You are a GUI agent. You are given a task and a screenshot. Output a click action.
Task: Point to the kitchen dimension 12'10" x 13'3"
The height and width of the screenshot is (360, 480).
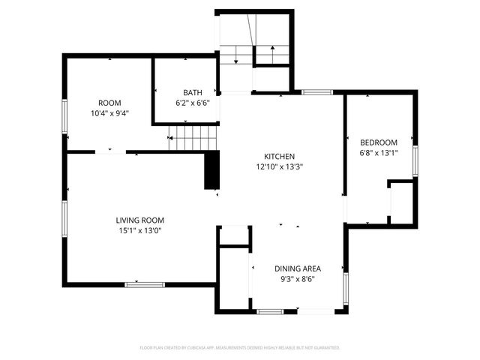point(279,168)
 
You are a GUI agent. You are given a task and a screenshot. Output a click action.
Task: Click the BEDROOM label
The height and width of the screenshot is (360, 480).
point(379,142)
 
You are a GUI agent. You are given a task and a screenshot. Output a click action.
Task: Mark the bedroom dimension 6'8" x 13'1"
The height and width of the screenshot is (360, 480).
point(379,154)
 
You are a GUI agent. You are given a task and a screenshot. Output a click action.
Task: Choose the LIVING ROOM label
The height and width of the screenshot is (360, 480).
point(139,220)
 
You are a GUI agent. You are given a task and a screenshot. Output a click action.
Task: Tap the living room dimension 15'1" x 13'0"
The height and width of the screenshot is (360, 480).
point(139,231)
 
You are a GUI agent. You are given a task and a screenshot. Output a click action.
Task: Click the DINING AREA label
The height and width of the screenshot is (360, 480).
point(298,268)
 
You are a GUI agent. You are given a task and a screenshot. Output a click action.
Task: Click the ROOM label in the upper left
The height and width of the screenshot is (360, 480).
point(109,103)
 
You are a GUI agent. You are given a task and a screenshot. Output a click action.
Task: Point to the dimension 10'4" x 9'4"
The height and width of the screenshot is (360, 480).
point(109,114)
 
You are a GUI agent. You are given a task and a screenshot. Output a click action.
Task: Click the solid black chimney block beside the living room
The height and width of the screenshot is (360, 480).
point(211,170)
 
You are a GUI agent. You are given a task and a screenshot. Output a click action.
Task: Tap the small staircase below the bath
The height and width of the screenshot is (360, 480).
point(193,137)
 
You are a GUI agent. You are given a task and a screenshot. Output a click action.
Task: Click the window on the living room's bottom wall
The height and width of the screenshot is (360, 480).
point(145,283)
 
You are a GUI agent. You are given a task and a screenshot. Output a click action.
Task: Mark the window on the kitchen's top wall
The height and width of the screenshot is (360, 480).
point(317,91)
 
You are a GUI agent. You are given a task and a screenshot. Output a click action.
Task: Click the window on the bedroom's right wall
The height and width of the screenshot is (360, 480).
point(415,160)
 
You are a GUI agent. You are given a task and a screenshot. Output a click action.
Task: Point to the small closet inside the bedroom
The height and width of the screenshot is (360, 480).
point(402,200)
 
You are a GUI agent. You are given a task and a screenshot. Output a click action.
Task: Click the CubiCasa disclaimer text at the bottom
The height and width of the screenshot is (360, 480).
point(240,348)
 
